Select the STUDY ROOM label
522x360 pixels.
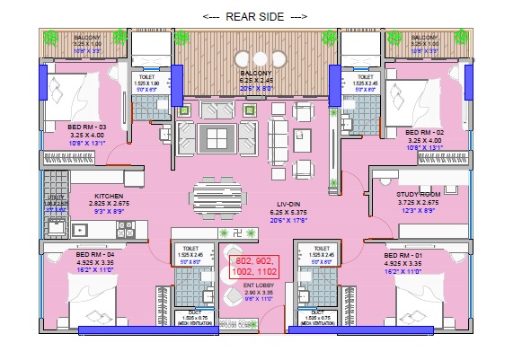[419, 194]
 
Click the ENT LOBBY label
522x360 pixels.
[260, 285]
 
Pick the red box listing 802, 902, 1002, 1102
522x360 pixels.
[252, 267]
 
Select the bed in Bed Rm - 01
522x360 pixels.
[422, 297]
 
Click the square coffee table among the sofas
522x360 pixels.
[218, 136]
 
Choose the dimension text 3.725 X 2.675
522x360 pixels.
[418, 202]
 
